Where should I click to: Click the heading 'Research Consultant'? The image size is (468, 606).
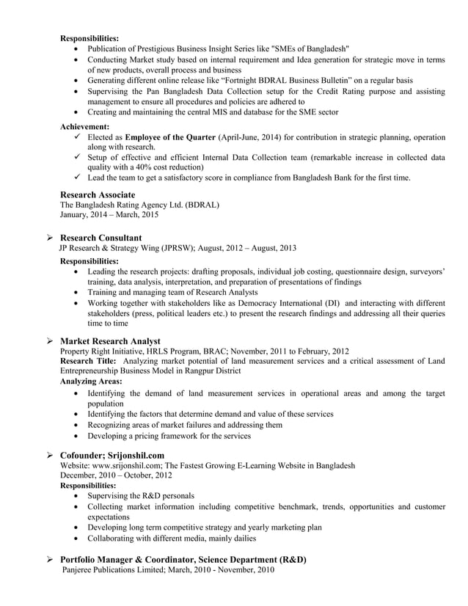(x=100, y=238)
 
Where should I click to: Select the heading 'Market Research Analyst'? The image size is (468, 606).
(x=110, y=341)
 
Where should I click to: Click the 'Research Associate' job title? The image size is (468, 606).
(x=97, y=194)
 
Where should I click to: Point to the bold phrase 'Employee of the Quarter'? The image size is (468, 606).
(x=170, y=137)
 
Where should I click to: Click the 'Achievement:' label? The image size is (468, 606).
(x=84, y=127)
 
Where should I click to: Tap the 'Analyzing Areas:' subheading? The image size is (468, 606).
(x=90, y=382)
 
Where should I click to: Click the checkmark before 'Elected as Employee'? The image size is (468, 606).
(x=78, y=137)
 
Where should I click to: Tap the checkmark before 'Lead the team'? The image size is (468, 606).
(x=78, y=178)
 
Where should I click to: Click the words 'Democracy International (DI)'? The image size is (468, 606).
(x=274, y=303)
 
